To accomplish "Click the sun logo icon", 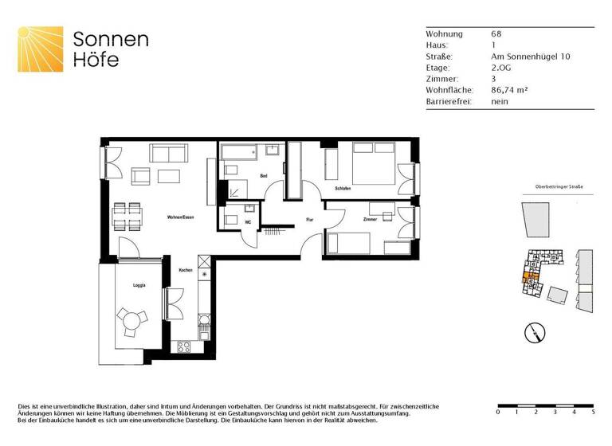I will (x=40, y=48).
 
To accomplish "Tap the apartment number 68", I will (x=496, y=34).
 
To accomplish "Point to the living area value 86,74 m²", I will (x=509, y=91).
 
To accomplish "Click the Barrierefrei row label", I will (x=449, y=102).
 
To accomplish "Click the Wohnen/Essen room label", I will (x=180, y=217).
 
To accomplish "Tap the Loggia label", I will (x=127, y=284).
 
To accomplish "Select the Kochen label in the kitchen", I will (x=186, y=271).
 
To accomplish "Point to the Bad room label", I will (x=263, y=175).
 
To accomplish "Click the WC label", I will (x=249, y=222).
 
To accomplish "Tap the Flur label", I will (x=310, y=220).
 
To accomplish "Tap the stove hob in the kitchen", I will (x=183, y=346).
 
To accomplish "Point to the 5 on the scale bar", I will (x=593, y=413).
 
